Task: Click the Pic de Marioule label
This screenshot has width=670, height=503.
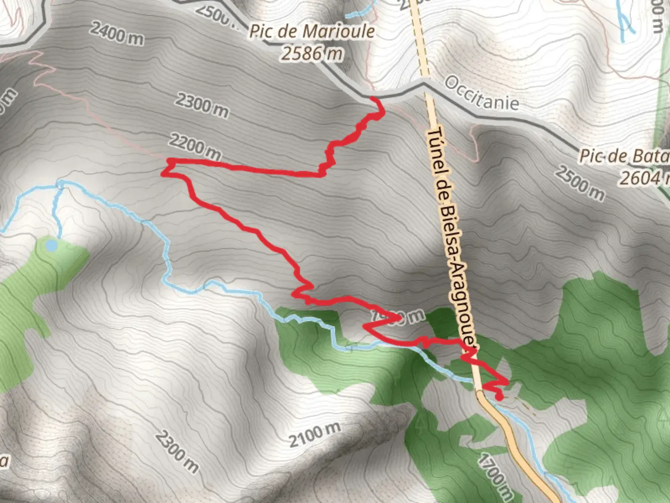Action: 312,32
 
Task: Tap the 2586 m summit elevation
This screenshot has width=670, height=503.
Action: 312,54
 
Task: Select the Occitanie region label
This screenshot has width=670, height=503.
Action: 481,93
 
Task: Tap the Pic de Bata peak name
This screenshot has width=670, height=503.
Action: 623,156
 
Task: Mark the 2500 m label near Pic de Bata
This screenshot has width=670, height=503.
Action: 579,184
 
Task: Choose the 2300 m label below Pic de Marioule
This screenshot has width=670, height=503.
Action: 202,105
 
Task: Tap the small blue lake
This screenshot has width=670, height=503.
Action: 52,244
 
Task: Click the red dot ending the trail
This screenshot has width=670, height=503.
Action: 499,397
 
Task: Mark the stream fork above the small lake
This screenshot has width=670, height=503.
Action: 60,184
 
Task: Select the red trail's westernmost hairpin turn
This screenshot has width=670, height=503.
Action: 164,173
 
